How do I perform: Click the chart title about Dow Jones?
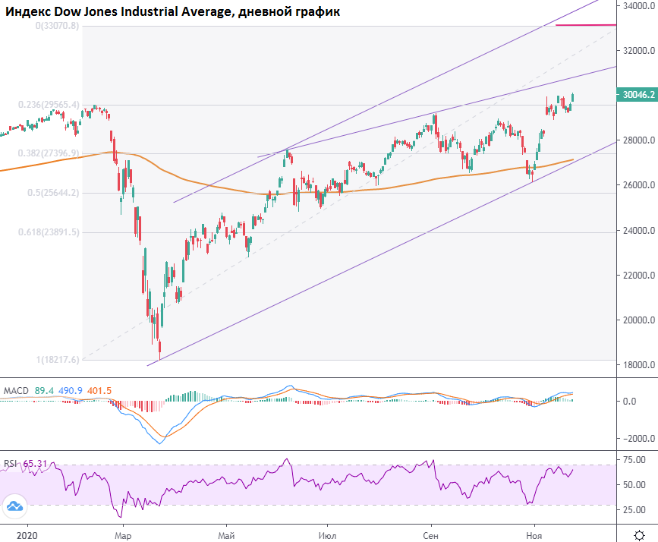tap(172, 11)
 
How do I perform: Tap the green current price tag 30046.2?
tap(638, 94)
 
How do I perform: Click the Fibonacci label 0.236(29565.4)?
tap(49, 105)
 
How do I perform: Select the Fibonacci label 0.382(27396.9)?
tap(49, 153)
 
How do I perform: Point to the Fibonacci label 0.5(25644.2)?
tap(53, 193)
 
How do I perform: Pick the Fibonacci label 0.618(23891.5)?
tap(49, 232)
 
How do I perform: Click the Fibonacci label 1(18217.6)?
tap(58, 360)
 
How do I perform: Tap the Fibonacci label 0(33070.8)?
tap(57, 26)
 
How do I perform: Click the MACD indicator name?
tap(16, 391)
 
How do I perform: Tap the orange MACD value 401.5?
tap(99, 391)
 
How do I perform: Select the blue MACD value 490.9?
tap(71, 391)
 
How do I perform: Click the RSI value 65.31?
tap(35, 464)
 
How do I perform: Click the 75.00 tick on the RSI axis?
tap(634, 460)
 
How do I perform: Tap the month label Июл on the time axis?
tap(327, 536)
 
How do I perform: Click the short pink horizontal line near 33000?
tap(586, 25)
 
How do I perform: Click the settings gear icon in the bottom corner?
tap(640, 535)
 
